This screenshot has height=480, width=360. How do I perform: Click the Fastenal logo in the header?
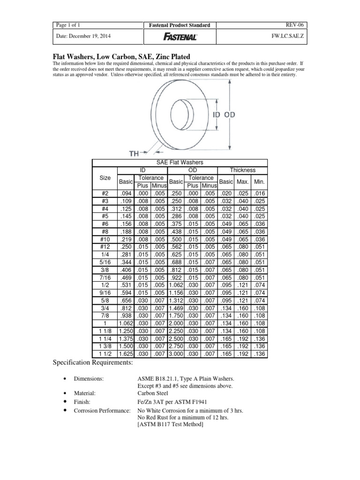(x=180, y=37)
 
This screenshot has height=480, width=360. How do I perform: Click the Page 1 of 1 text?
(x=69, y=25)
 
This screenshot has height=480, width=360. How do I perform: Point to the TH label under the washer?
(x=135, y=153)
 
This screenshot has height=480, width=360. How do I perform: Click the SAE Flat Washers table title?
(x=180, y=162)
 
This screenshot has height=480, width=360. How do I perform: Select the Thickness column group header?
(x=242, y=170)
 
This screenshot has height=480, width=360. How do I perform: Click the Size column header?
(x=105, y=178)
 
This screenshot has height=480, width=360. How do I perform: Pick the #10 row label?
(x=105, y=239)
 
